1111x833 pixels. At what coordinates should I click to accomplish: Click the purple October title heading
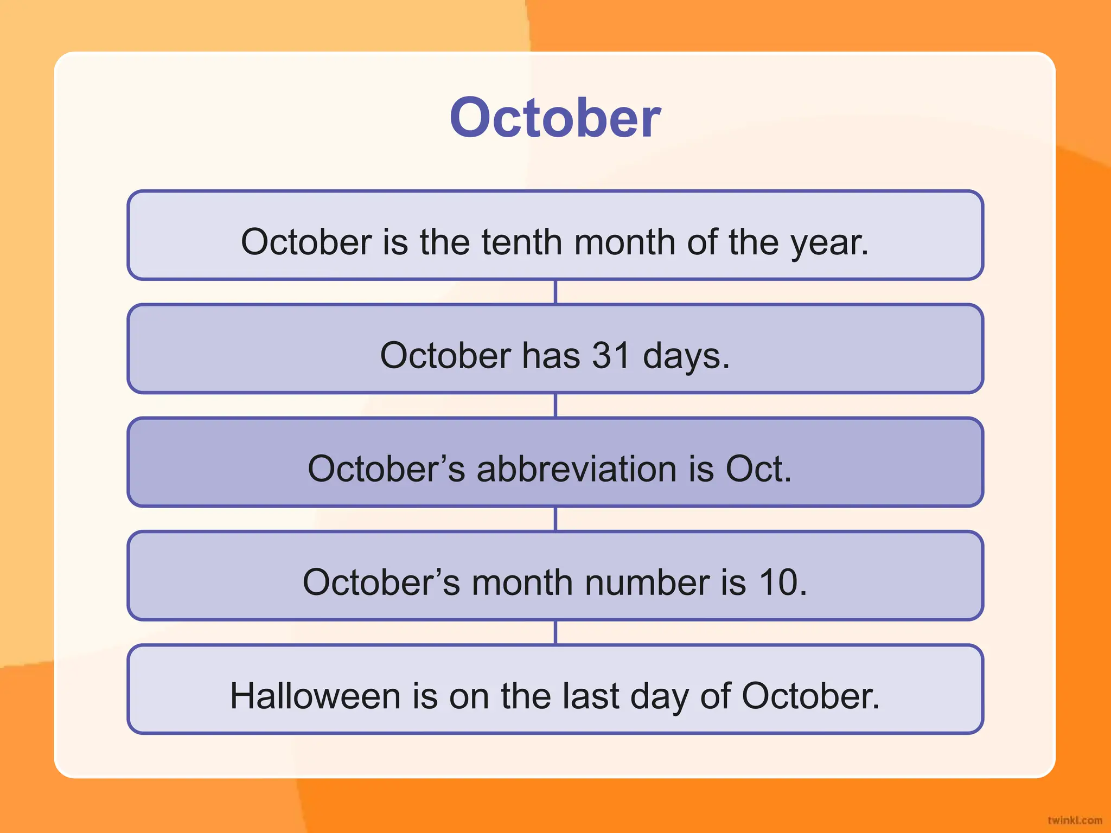[x=555, y=118]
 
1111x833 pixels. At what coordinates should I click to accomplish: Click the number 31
[x=611, y=356]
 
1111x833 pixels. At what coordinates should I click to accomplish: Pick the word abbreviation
[x=576, y=469]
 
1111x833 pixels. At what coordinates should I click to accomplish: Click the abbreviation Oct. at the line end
[x=758, y=469]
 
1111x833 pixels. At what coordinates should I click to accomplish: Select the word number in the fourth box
[x=646, y=582]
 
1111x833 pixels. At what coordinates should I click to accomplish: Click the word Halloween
[x=315, y=696]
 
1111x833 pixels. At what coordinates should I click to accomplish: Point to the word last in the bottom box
[x=590, y=696]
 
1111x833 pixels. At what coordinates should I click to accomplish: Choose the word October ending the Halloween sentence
[x=810, y=696]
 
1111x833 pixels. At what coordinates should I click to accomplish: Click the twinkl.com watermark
[x=1075, y=820]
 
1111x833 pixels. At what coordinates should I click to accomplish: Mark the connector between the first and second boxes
[x=555, y=292]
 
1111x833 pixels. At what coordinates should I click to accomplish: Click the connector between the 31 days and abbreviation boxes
[x=555, y=405]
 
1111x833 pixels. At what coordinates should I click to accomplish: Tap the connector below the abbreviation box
[x=555, y=519]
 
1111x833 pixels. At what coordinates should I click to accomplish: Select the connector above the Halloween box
[x=555, y=632]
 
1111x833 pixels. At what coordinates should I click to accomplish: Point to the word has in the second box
[x=551, y=356]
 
